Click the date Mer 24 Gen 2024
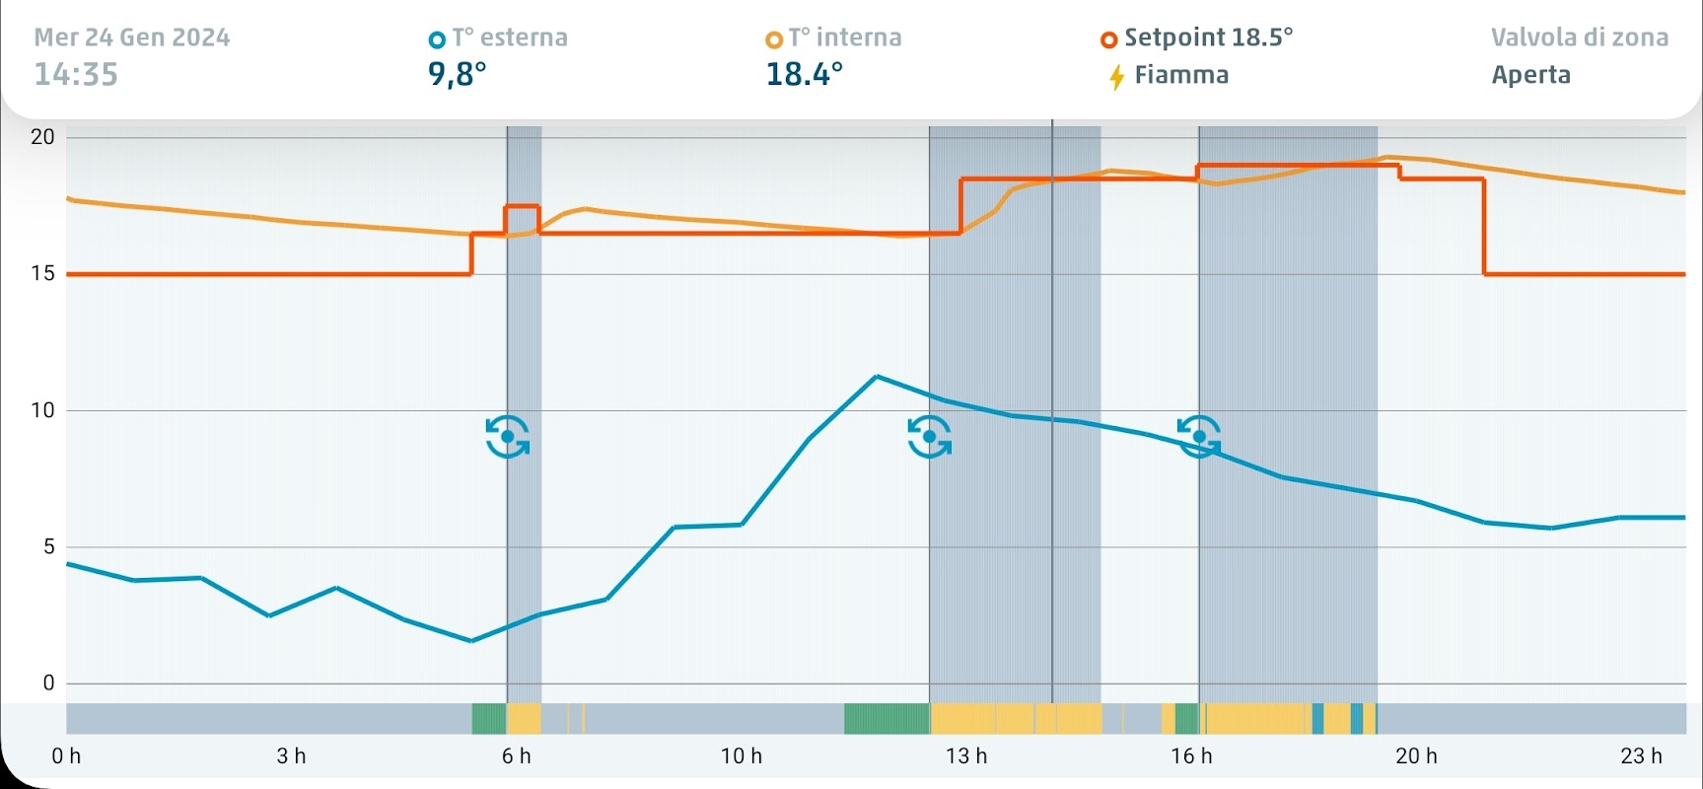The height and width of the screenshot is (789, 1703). click(132, 37)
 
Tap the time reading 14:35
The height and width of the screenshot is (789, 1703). click(76, 75)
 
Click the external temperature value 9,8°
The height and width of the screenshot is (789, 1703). click(457, 75)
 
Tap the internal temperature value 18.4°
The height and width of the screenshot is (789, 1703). click(805, 75)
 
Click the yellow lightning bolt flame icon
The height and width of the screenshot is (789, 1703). click(1116, 76)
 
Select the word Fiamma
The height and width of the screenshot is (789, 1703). click(1181, 75)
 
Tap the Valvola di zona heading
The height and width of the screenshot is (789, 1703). click(1580, 37)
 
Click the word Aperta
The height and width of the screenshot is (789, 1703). click(1530, 75)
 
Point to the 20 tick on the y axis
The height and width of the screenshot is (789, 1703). click(42, 137)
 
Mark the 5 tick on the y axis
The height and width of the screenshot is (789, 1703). click(48, 547)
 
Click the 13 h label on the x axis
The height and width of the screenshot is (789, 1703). click(966, 756)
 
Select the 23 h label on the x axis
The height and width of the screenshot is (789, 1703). click(1641, 756)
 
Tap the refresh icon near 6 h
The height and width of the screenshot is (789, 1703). click(507, 437)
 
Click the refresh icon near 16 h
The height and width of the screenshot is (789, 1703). click(1199, 437)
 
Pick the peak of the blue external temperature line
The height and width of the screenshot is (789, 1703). click(877, 376)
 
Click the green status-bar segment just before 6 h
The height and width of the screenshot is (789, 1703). click(488, 718)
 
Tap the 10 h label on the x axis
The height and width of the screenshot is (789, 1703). click(742, 756)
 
